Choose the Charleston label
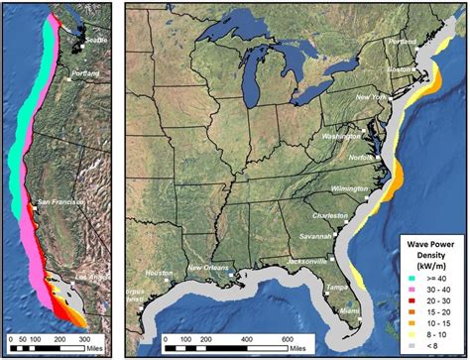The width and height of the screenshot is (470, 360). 330,215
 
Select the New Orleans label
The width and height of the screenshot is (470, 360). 209,268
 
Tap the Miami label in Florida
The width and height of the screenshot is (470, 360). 346,309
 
